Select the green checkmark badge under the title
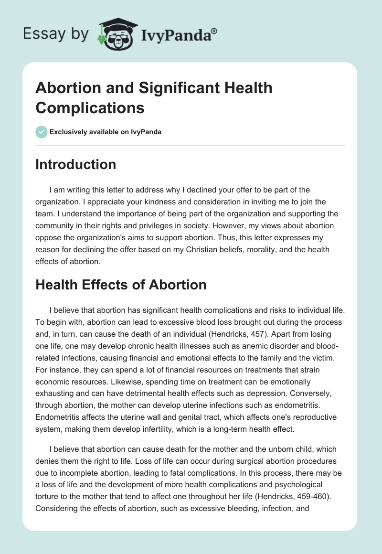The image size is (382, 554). pos(42,132)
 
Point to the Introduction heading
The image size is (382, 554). pos(76,164)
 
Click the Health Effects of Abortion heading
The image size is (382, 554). pos(121,285)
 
